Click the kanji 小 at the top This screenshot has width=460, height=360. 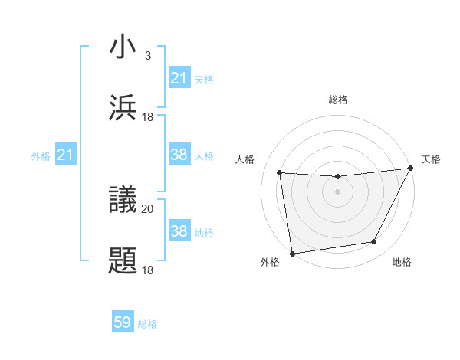[123, 47]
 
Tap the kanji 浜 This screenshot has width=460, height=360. [123, 108]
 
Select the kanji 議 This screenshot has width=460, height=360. [123, 200]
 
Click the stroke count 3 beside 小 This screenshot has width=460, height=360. [147, 56]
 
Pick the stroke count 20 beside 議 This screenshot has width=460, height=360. [147, 208]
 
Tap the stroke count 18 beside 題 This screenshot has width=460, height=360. [147, 270]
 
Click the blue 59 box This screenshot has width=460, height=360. [123, 323]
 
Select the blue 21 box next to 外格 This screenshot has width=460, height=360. [65, 155]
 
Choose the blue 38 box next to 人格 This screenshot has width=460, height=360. [179, 155]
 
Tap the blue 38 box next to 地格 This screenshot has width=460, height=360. [179, 231]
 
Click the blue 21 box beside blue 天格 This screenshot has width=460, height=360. [179, 78]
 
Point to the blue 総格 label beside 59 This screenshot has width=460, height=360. [147, 324]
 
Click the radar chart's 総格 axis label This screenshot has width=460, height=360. [338, 100]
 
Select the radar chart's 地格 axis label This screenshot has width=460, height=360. [402, 263]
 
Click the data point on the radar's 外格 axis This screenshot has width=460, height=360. [291, 253]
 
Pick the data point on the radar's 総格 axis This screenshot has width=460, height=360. [337, 177]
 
